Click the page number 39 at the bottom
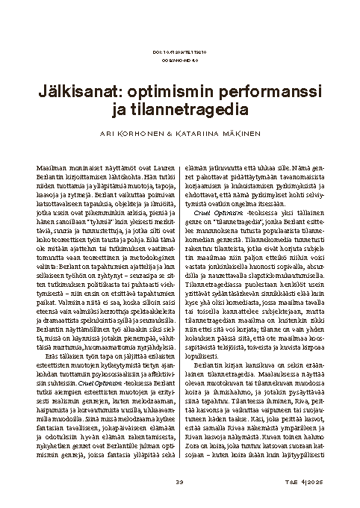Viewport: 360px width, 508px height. pyautogui.click(x=179, y=480)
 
